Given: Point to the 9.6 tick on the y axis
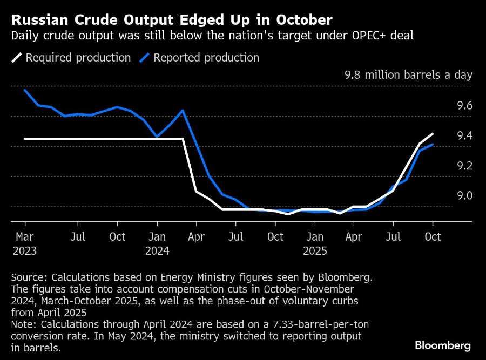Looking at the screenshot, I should click(x=464, y=106).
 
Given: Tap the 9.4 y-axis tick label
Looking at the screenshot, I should click(x=464, y=135).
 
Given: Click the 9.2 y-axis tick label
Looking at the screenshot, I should click(x=464, y=166).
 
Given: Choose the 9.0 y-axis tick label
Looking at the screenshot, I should click(x=464, y=195).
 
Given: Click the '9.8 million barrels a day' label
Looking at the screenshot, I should click(x=408, y=75).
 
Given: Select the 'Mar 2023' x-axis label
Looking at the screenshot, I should click(x=25, y=243).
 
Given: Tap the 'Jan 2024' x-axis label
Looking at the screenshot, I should click(x=157, y=243).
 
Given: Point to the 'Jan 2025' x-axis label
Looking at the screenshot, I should click(x=315, y=243).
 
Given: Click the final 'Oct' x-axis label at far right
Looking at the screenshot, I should click(x=433, y=237).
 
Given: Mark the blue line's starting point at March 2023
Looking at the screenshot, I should click(x=25, y=90).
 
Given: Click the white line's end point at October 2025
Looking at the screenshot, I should click(x=433, y=134).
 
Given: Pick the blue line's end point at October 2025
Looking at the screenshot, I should click(x=433, y=145).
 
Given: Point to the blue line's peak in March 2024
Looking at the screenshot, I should click(x=183, y=111).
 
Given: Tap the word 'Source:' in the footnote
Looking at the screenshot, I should click(x=29, y=277).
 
